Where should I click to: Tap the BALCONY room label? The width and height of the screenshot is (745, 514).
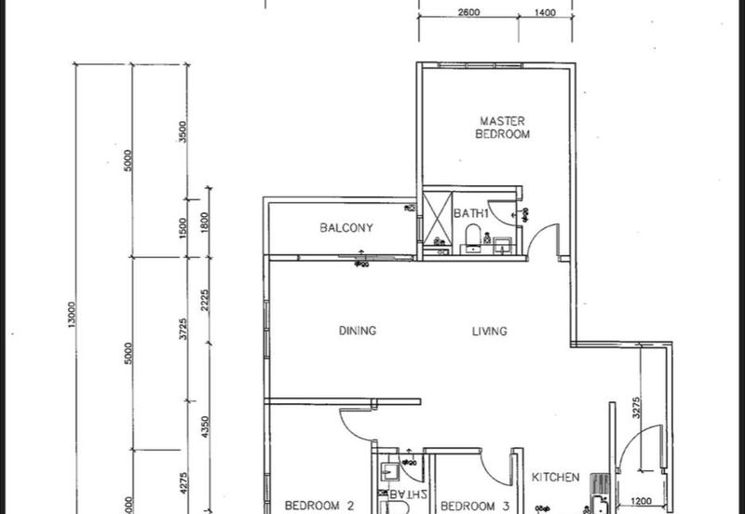345,228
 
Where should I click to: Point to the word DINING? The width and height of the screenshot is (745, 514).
357,331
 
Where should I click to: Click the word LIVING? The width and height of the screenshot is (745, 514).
489,331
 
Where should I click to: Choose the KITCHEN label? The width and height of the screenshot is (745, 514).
555,478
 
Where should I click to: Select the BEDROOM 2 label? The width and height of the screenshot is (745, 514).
319,507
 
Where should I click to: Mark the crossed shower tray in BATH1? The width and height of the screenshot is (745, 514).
436,220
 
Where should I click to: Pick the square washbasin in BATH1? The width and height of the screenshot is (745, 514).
504,245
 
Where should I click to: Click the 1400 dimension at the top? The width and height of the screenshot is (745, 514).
545,13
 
